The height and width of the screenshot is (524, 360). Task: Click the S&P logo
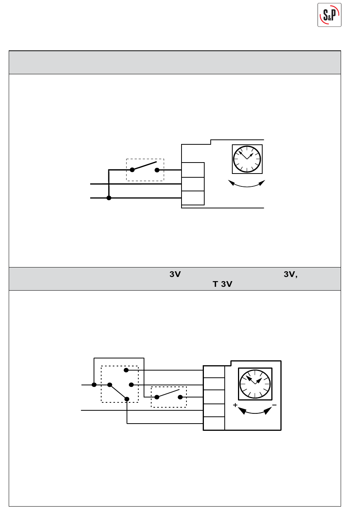pos(329,15)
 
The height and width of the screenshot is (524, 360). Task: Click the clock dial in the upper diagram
pos(247,159)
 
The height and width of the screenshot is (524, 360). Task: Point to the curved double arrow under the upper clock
pos(246,184)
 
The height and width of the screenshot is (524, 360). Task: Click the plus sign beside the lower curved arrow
pos(235,405)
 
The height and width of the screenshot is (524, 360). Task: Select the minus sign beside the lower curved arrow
pos(274,405)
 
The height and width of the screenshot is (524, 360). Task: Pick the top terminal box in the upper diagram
pos(193,170)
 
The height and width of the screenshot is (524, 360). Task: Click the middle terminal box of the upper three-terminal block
pos(193,184)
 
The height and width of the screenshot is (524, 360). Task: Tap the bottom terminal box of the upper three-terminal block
pos(193,198)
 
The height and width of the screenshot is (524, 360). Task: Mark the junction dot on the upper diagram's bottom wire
pos(109,198)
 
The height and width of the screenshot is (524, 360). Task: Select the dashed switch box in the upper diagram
pos(145,170)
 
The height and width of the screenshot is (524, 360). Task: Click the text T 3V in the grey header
pos(222,284)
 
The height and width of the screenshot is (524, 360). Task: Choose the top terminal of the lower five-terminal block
pos(214,372)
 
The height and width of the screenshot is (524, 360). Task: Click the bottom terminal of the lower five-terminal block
pos(214,423)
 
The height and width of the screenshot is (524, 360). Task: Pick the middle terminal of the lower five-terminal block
pos(214,397)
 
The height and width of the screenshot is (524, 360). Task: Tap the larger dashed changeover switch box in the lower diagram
pos(120,384)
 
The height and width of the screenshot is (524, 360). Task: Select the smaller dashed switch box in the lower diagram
pos(169,397)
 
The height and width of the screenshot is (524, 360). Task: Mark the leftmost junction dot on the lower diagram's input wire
pos(94,385)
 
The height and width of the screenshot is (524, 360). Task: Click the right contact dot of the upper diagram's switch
pos(157,170)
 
